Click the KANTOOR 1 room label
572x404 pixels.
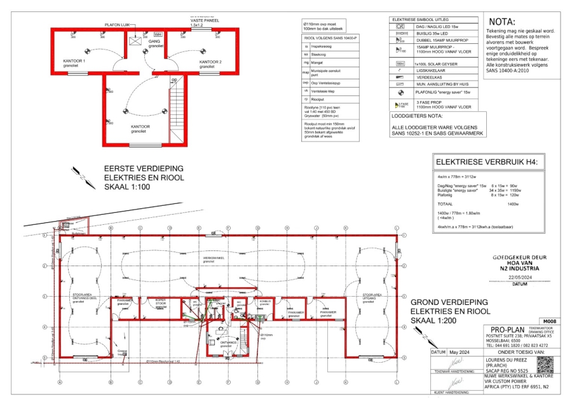[74, 62]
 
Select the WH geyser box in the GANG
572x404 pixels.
[158, 34]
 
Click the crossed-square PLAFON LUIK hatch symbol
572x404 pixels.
[135, 41]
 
